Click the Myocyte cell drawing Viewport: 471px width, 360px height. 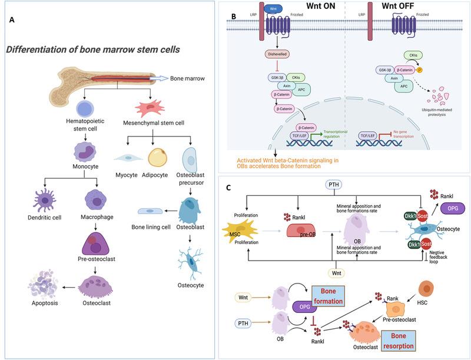click(x=126, y=157)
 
